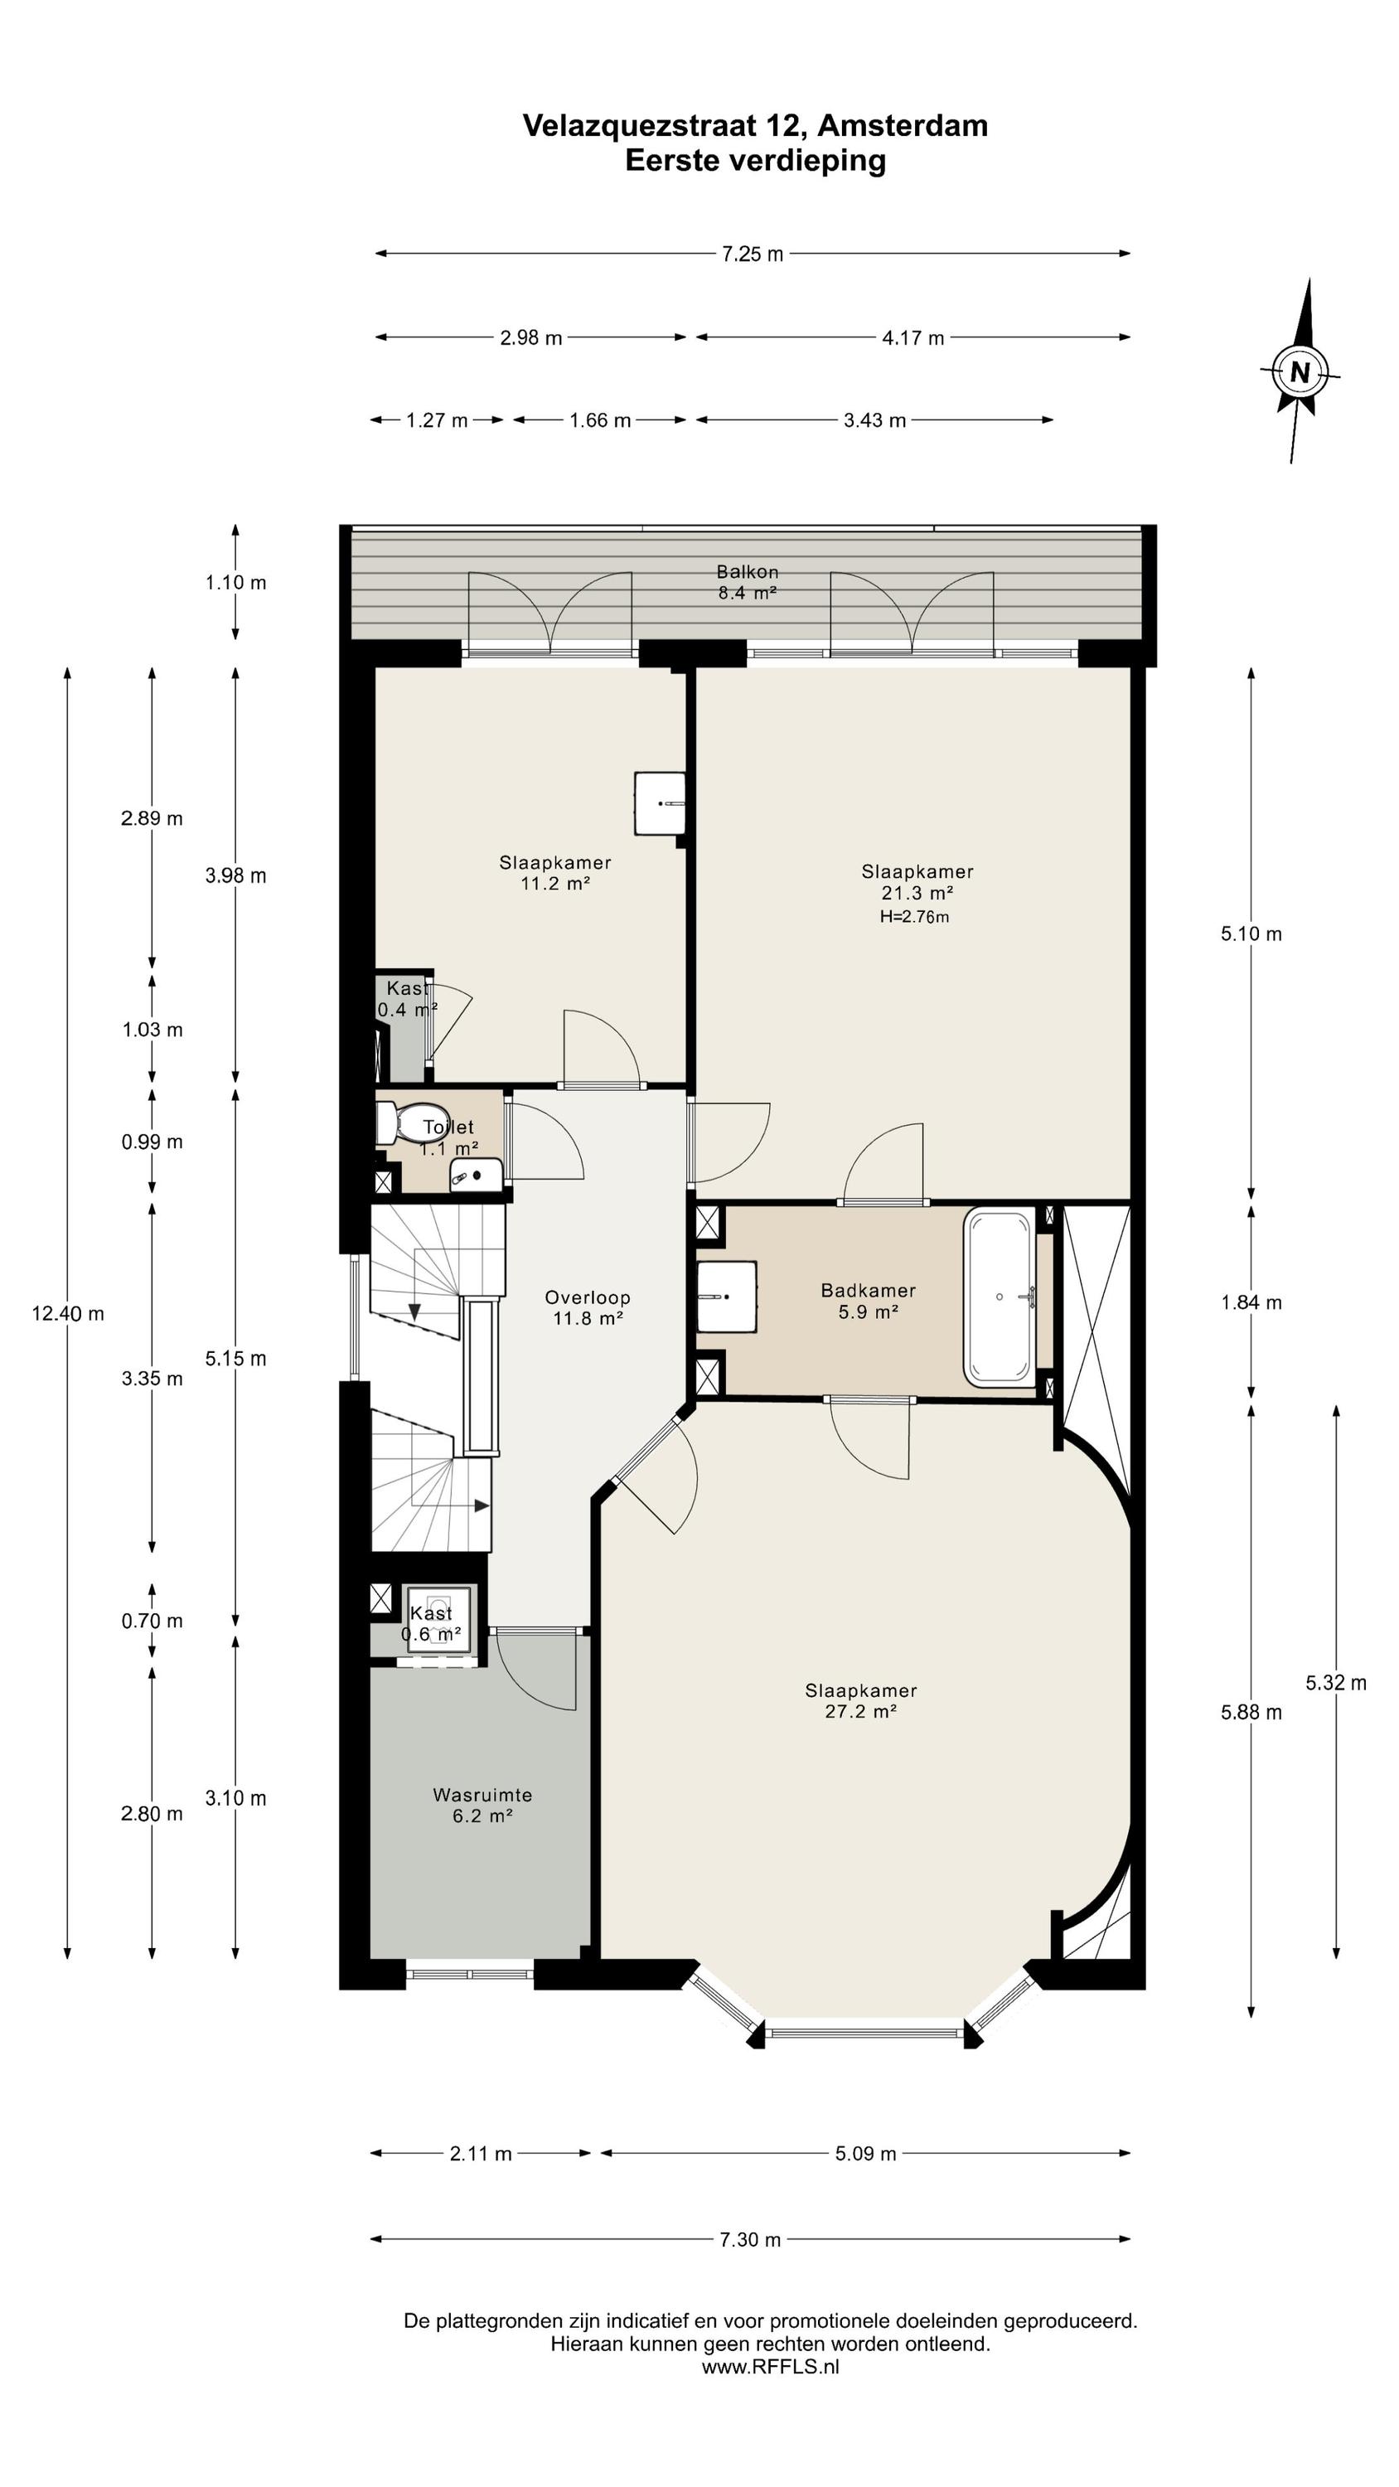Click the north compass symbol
(1300, 371)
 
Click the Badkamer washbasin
(726, 1297)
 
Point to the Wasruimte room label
(482, 1795)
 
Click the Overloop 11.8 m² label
(587, 1308)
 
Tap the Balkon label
(748, 571)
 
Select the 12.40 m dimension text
(68, 1313)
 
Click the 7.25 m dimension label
(753, 254)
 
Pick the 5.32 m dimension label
(1336, 1683)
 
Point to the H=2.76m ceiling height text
(914, 917)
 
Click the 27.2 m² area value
(861, 1712)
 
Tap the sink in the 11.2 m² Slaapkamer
(660, 803)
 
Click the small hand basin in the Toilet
(476, 1175)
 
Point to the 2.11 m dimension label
(481, 2153)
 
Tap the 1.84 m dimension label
(1251, 1302)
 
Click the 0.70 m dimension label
(152, 1621)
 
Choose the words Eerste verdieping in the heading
(755, 160)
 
